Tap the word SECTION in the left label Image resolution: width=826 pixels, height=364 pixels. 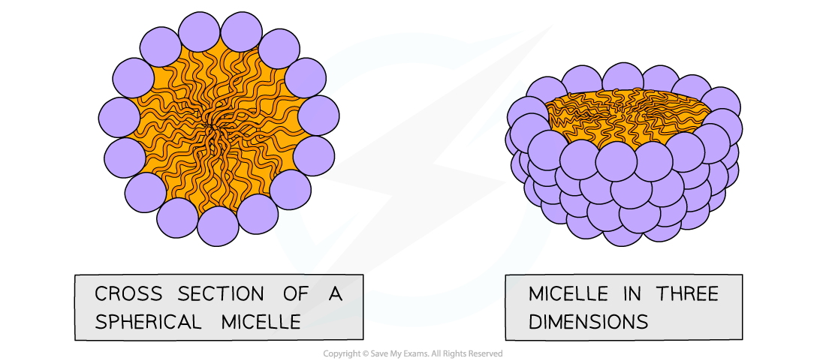pos(212,294)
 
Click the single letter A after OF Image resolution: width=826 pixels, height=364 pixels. pos(335,294)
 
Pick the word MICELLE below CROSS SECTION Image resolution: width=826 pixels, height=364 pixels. pos(261,322)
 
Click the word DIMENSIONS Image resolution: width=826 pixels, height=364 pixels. pos(588,321)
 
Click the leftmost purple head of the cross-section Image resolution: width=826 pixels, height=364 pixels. pos(119,118)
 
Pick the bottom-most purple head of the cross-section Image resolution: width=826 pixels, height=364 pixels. pos(218,226)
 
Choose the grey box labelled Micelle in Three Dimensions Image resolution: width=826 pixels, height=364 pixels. pos(623,307)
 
